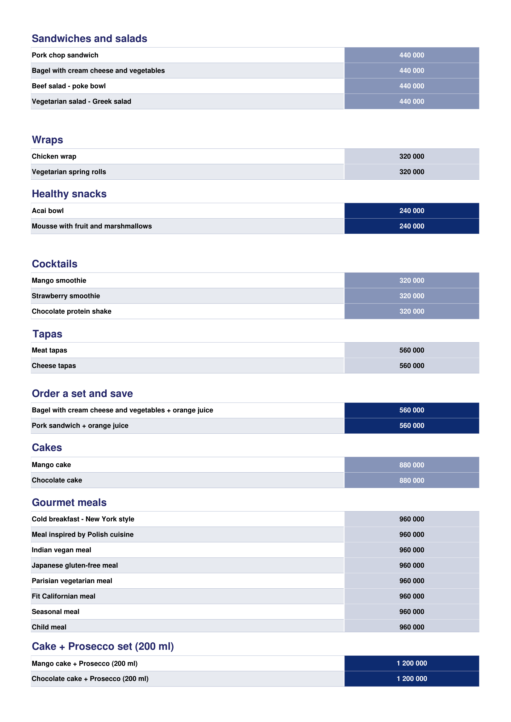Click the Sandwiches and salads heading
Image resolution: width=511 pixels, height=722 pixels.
(x=89, y=38)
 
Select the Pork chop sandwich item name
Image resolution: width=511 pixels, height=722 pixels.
(x=65, y=55)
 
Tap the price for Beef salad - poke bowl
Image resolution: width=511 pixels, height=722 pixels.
(x=412, y=86)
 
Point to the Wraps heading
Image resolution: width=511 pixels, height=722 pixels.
(x=48, y=140)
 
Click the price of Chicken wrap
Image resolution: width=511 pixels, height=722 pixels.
(x=412, y=157)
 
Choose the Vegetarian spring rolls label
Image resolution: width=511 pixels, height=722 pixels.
(x=69, y=172)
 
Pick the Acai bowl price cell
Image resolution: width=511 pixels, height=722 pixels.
(x=412, y=211)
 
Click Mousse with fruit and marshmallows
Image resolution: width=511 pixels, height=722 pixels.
(x=91, y=226)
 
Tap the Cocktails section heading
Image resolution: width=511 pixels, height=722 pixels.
(x=55, y=264)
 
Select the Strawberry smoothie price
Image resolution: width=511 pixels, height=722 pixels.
(x=412, y=296)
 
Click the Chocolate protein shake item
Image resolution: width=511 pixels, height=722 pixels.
(x=71, y=311)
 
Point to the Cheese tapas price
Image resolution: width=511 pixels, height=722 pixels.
(x=412, y=366)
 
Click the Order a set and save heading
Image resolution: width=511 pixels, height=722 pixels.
(x=82, y=393)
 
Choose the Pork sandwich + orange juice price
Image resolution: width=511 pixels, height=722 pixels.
(x=412, y=426)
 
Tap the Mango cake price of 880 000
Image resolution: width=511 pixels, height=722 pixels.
(x=412, y=465)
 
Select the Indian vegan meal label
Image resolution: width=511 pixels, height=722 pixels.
(x=61, y=550)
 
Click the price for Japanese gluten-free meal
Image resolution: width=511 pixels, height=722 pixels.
(x=412, y=565)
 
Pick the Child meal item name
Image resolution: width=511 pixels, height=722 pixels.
(x=49, y=627)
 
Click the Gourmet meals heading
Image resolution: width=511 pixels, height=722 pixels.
(x=69, y=503)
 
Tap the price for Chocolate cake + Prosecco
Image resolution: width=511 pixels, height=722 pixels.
(x=412, y=678)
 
